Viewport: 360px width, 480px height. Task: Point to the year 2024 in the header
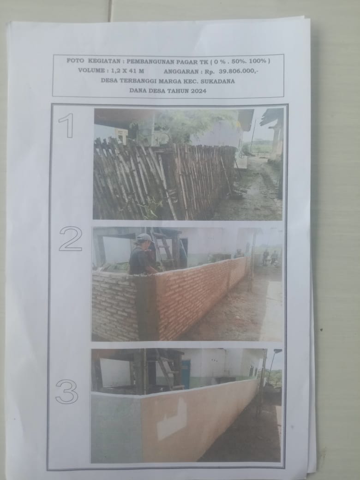point(198,91)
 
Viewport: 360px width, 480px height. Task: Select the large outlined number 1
point(67,126)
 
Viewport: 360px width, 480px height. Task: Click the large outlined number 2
point(71,239)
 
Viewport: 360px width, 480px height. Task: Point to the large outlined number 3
point(67,391)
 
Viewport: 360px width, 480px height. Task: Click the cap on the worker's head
point(144,238)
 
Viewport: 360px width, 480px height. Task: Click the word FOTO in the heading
point(75,60)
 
